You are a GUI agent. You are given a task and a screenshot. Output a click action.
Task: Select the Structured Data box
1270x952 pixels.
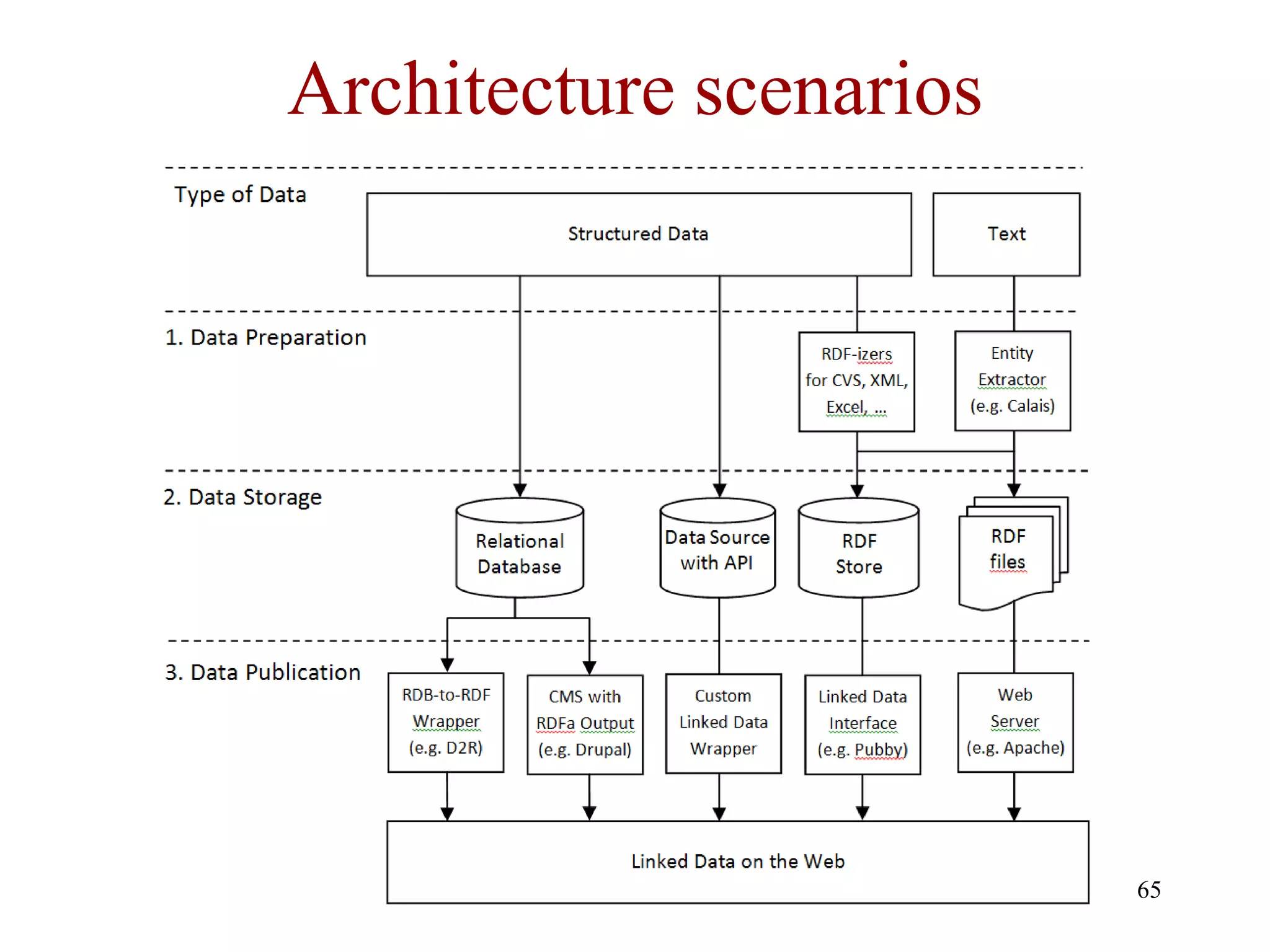coord(639,234)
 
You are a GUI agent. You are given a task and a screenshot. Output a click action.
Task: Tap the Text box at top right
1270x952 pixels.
coord(1006,234)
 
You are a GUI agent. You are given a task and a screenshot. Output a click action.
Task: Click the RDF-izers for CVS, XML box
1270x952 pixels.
coord(856,381)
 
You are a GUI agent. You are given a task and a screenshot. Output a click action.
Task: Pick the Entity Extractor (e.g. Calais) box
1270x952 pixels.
coord(1012,380)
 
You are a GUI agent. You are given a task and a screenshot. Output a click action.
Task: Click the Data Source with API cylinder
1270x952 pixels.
coord(717,550)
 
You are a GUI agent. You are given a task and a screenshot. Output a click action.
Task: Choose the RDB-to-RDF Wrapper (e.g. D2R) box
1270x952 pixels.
coord(446,722)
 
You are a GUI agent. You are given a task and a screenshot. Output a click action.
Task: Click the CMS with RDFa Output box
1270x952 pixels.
coord(585,723)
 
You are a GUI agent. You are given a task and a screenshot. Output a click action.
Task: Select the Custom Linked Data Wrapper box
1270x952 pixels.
coord(723,723)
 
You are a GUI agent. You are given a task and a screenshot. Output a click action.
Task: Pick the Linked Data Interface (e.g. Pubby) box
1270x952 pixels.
coord(862,723)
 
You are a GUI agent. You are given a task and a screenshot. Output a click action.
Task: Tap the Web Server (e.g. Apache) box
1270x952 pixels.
coord(1015,722)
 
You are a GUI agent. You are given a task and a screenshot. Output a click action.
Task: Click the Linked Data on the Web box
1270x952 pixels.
coord(737,862)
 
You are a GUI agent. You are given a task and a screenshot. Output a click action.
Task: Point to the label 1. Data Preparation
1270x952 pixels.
coord(265,338)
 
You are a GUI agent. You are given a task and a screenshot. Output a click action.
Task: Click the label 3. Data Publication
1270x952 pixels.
coord(262,672)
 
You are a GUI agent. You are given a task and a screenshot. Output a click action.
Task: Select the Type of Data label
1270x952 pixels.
coord(240,195)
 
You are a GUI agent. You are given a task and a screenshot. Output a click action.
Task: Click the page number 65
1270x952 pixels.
coord(1148,890)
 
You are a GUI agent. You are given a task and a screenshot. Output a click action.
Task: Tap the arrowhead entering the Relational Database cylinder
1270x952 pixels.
coord(520,490)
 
